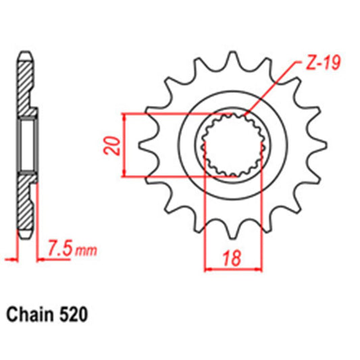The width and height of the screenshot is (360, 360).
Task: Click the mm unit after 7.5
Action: click(85, 251)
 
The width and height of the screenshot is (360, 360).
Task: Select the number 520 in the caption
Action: click(72, 315)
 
